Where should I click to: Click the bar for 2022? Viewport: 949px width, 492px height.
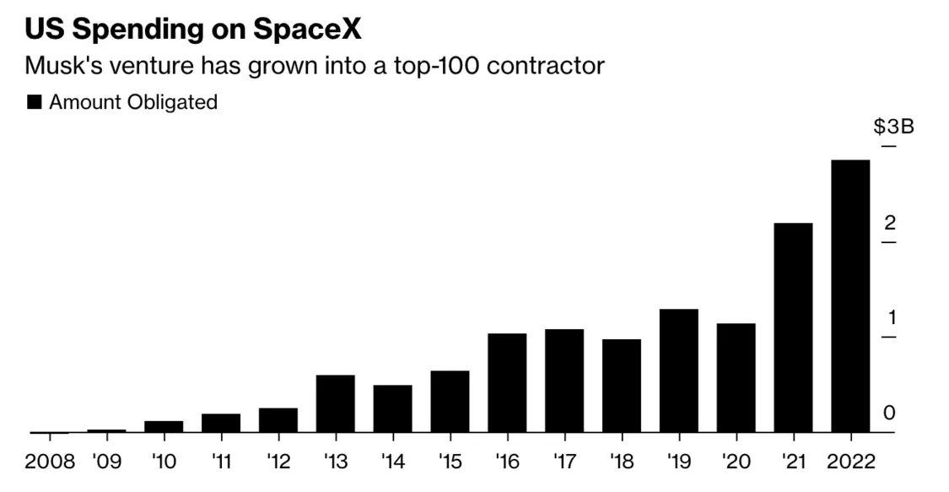pos(850,295)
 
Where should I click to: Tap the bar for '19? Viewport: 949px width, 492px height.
pos(678,370)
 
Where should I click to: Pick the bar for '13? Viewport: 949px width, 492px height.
pos(335,403)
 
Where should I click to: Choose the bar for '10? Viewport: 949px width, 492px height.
pos(164,426)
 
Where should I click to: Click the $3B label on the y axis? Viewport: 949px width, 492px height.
pos(893,127)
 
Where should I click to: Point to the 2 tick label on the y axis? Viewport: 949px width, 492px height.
pos(889,223)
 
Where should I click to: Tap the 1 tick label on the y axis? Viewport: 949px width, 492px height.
pos(889,318)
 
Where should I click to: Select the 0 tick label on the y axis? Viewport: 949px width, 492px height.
pos(889,413)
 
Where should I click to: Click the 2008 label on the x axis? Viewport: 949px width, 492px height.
pos(50,462)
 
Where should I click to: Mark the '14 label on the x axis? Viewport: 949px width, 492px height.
pos(392,462)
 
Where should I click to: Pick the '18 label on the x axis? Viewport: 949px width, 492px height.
pos(622,462)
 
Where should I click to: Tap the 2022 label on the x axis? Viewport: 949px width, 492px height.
pos(850,462)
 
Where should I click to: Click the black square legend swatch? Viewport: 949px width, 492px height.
pos(35,103)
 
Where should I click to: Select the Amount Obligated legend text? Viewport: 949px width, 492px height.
pos(133,103)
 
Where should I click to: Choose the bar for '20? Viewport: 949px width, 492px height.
pos(736,377)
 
